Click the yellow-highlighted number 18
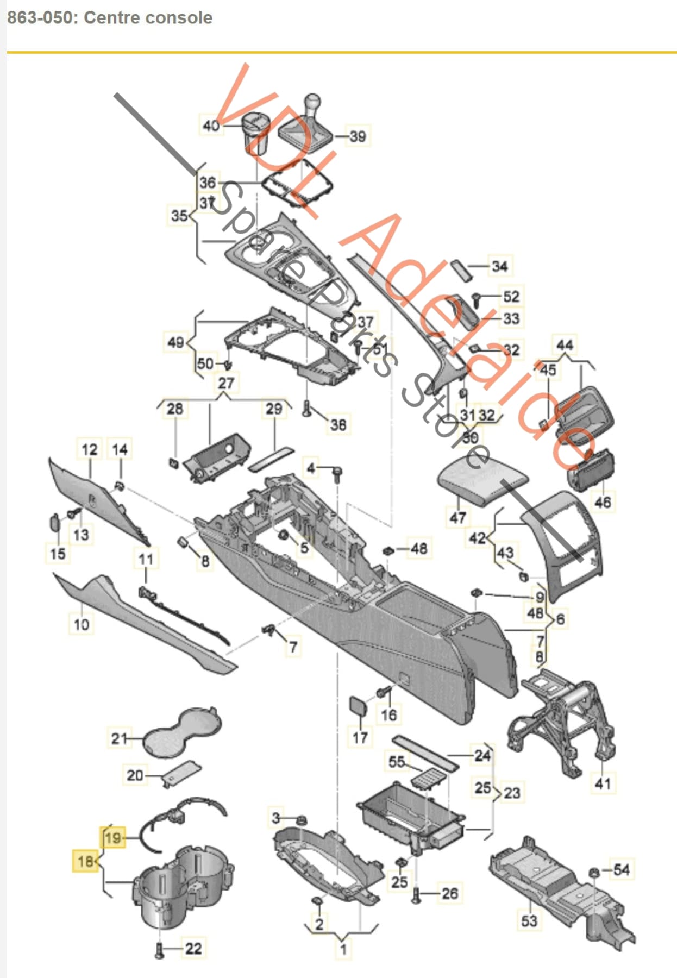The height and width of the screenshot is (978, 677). pos(85,861)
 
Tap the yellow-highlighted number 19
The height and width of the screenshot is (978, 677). pos(113,837)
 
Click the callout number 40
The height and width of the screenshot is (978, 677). pos(211,126)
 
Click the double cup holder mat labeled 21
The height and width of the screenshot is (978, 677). pos(182,731)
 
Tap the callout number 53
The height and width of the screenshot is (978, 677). pos(529,920)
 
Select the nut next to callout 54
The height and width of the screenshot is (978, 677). pos(594,872)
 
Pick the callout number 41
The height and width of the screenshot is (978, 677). pos(603,783)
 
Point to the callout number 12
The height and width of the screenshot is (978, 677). pos(89,449)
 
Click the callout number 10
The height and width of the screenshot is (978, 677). pos(82,624)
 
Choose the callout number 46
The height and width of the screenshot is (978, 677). pos(603,501)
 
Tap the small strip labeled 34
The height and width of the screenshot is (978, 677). pos(462,269)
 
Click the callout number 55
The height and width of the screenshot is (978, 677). pos(397,762)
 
